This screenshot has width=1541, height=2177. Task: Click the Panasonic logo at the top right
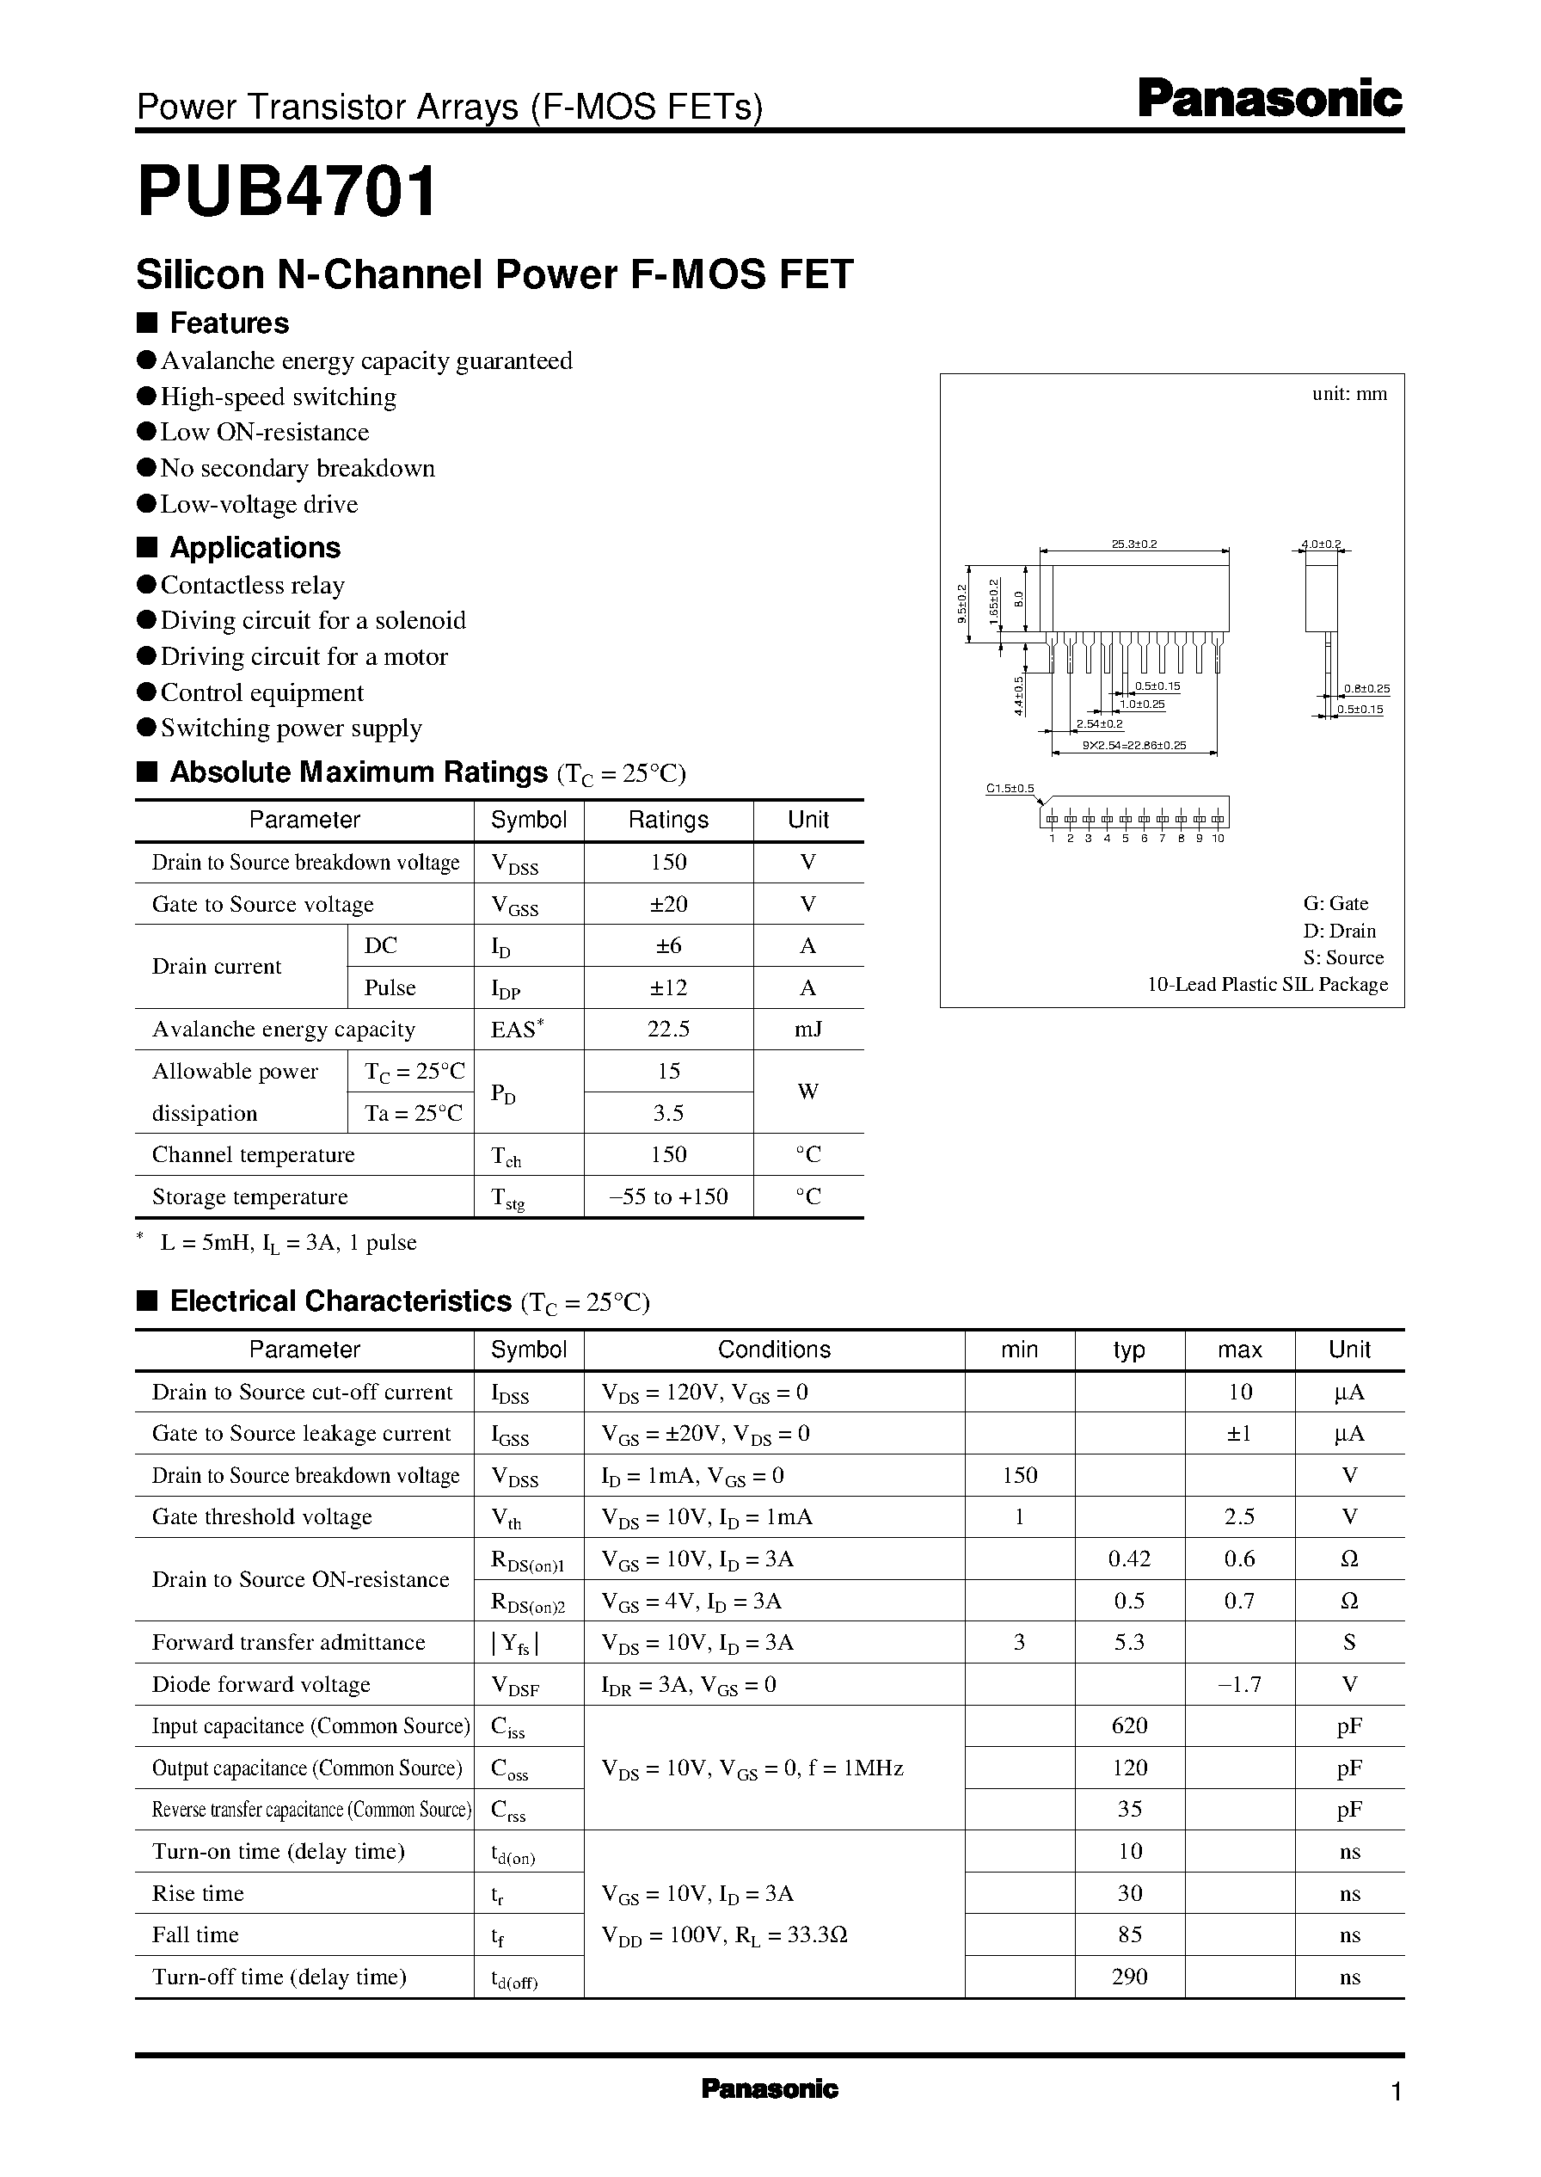pyautogui.click(x=1268, y=100)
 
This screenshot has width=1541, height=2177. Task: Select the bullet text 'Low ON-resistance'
pyautogui.click(x=264, y=433)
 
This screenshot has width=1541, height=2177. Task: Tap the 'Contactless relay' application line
pyautogui.click(x=253, y=586)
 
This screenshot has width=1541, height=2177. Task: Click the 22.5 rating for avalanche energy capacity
pyautogui.click(x=668, y=1030)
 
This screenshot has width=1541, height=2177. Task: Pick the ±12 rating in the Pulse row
pyautogui.click(x=668, y=988)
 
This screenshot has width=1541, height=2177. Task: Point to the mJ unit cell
pyautogui.click(x=807, y=1030)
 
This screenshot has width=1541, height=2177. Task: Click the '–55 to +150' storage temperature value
pyautogui.click(x=668, y=1196)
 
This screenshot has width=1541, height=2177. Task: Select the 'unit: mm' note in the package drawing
pyautogui.click(x=1348, y=394)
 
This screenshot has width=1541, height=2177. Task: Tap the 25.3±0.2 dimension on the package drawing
pyautogui.click(x=1134, y=544)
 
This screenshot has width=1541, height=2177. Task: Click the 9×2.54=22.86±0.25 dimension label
pyautogui.click(x=1134, y=746)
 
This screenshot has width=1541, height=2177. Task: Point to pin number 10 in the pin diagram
pyautogui.click(x=1219, y=839)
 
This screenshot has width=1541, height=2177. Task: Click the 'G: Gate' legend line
pyautogui.click(x=1335, y=903)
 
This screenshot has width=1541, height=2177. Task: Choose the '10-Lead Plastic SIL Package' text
pyautogui.click(x=1267, y=985)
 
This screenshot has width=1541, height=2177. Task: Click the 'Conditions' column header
pyautogui.click(x=773, y=1350)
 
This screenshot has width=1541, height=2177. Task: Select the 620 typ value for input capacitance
pyautogui.click(x=1129, y=1726)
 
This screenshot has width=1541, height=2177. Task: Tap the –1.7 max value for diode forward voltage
pyautogui.click(x=1239, y=1684)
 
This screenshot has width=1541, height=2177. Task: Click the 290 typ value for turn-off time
pyautogui.click(x=1129, y=1977)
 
